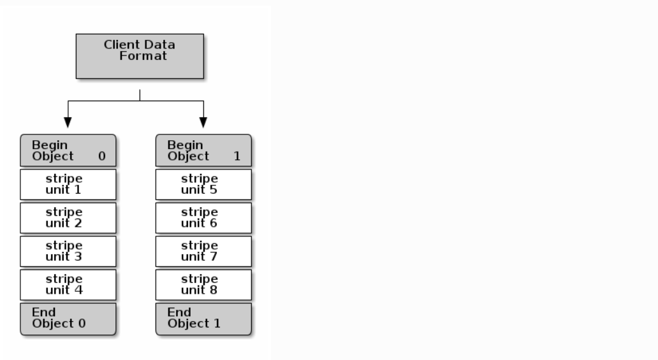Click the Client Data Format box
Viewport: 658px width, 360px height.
coord(140,56)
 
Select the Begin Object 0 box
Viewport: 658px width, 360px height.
coord(68,150)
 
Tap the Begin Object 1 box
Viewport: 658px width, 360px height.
coord(203,150)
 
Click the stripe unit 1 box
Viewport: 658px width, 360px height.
coord(68,184)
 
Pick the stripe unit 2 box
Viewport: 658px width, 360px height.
coord(68,218)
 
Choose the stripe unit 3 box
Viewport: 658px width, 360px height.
coord(68,251)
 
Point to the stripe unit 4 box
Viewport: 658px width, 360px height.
coord(68,285)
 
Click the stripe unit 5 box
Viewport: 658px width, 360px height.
coord(203,184)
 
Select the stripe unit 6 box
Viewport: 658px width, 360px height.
coord(203,218)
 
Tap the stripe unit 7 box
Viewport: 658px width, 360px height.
coord(203,251)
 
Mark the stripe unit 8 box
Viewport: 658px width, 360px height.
coord(203,285)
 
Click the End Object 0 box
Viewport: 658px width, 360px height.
coord(68,319)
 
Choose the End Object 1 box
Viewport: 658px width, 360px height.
coord(203,319)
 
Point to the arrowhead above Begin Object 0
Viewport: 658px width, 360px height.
coord(68,122)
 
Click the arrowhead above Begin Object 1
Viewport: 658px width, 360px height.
coord(203,122)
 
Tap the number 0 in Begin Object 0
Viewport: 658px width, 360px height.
coord(101,156)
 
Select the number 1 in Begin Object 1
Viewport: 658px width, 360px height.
coord(237,156)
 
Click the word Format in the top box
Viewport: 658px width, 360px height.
coord(143,56)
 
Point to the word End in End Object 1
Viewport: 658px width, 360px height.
coord(179,312)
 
